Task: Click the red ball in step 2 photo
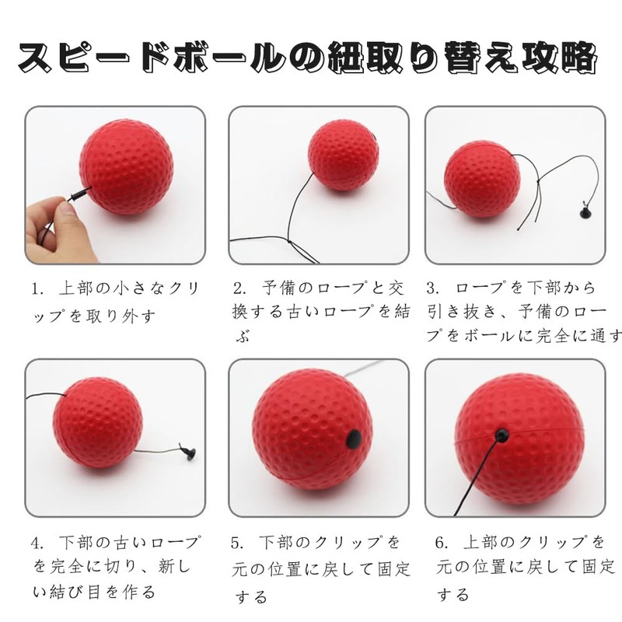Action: (343, 155)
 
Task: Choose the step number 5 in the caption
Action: (239, 542)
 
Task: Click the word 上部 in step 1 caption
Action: (76, 289)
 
